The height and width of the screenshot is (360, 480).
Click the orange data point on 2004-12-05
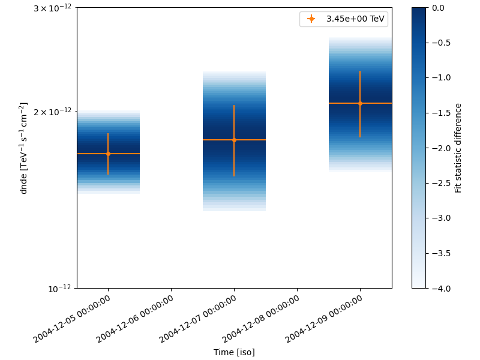tap(108, 154)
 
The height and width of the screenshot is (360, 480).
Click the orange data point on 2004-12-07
tap(234, 140)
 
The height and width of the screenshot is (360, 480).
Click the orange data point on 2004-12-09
tap(360, 103)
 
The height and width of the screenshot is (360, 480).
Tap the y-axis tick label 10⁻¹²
tap(62, 288)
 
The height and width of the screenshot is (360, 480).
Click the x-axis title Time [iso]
tap(234, 352)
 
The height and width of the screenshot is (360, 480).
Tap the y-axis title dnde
tap(23, 148)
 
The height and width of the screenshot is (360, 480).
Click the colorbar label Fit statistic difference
tap(458, 148)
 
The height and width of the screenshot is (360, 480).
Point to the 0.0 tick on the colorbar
tap(438, 7)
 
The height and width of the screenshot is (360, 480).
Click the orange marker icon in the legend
tap(311, 19)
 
